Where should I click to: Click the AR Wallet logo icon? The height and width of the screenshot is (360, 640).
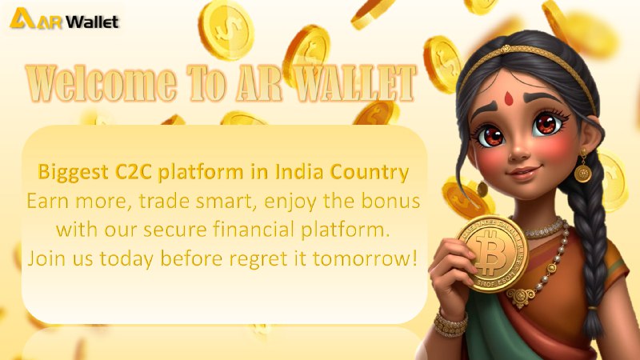[22, 18]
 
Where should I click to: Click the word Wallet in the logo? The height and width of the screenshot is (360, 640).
[92, 22]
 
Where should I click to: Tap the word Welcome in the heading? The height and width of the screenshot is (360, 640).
[102, 83]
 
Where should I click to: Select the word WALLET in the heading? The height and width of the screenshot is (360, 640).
[354, 83]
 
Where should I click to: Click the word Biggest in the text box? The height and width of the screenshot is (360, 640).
[74, 173]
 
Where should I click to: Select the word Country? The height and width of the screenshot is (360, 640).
[370, 173]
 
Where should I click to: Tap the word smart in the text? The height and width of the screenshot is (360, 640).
[226, 202]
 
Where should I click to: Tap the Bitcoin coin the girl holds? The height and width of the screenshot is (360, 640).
[493, 254]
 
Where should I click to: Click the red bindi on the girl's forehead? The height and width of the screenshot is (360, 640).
[508, 98]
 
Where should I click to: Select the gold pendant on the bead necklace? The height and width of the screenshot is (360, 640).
[521, 296]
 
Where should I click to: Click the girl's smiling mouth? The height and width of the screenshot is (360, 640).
[524, 172]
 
